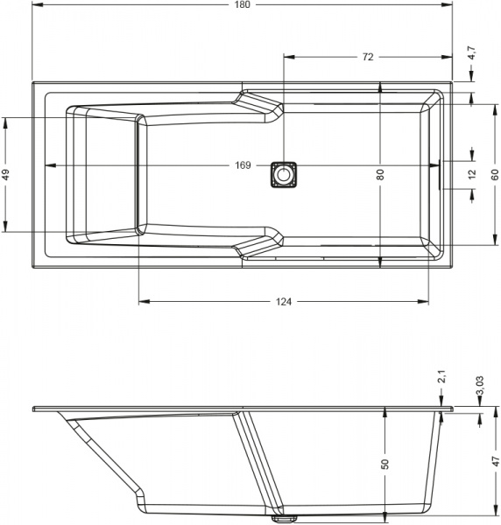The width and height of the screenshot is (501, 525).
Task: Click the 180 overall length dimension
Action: click(243, 4)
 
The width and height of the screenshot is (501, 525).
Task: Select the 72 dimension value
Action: click(368, 57)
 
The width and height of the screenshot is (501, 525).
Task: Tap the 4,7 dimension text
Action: click(472, 52)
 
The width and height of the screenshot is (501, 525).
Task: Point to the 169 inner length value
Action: click(243, 165)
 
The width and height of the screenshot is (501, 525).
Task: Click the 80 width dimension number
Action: click(380, 174)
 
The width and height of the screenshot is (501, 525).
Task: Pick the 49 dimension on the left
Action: click(6, 174)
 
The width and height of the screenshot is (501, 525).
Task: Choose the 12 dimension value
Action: click(472, 174)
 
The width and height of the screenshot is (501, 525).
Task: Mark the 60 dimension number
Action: click(495, 174)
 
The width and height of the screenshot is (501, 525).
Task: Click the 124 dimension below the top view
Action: click(284, 302)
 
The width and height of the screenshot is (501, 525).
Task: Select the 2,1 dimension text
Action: click(442, 376)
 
